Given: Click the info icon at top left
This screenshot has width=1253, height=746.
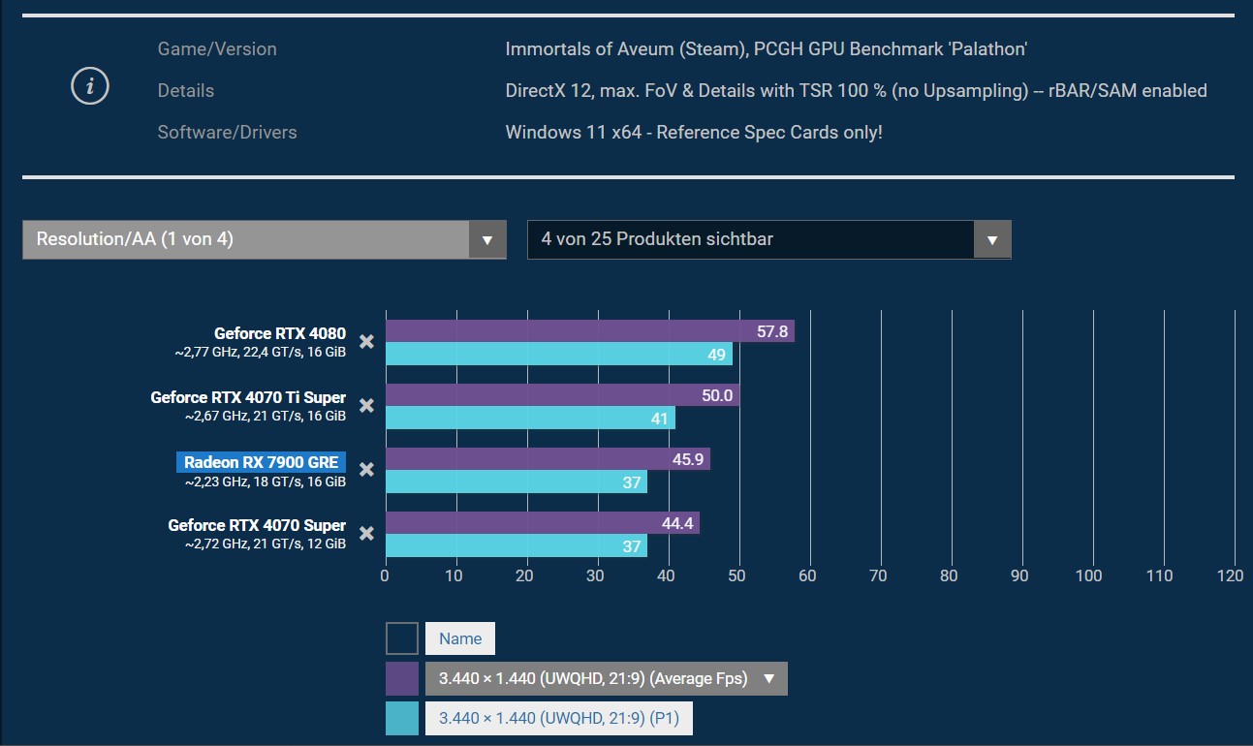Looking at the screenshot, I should [x=90, y=87].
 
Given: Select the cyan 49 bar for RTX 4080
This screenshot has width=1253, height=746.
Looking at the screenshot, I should [x=558, y=354].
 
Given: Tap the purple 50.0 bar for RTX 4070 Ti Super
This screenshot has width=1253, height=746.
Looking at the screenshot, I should [x=562, y=395].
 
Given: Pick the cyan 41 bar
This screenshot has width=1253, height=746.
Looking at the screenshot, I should [x=530, y=418].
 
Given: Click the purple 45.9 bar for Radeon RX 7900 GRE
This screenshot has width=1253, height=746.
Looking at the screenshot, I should [x=548, y=459].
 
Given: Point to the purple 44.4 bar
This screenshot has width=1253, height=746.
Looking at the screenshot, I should [x=542, y=523].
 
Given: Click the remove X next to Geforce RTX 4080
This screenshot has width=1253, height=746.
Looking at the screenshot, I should [x=366, y=341].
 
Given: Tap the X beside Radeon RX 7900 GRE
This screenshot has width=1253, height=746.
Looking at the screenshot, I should [x=366, y=470].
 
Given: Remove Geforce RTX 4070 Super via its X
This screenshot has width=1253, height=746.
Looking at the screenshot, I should [x=366, y=533].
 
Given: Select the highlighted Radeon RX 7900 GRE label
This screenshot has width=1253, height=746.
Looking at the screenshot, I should [x=262, y=462].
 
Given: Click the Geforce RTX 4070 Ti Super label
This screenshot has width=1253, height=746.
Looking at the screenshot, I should [x=248, y=397].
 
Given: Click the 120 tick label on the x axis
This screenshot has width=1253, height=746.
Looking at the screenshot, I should [x=1231, y=575].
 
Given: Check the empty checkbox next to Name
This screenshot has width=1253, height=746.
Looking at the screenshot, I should [x=402, y=638].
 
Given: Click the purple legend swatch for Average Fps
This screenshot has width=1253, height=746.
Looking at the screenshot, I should [x=402, y=678].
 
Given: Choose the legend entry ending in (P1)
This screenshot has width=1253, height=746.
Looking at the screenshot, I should [x=558, y=718].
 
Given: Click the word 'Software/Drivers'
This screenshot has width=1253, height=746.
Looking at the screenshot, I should [x=227, y=132].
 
